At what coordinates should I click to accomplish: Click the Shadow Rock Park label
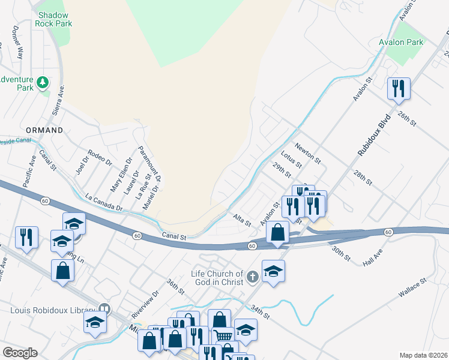click(55, 19)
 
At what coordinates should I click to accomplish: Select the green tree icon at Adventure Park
click(42, 82)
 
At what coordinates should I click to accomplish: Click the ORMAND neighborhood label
click(44, 130)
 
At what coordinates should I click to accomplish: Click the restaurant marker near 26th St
click(399, 89)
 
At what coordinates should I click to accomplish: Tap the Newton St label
click(309, 153)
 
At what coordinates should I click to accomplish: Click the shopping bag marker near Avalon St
click(278, 232)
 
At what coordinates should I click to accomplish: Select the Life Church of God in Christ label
click(217, 278)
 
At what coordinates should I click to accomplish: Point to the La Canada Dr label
click(104, 202)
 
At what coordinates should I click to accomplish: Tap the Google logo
click(20, 353)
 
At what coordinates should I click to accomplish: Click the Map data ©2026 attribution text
click(424, 355)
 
